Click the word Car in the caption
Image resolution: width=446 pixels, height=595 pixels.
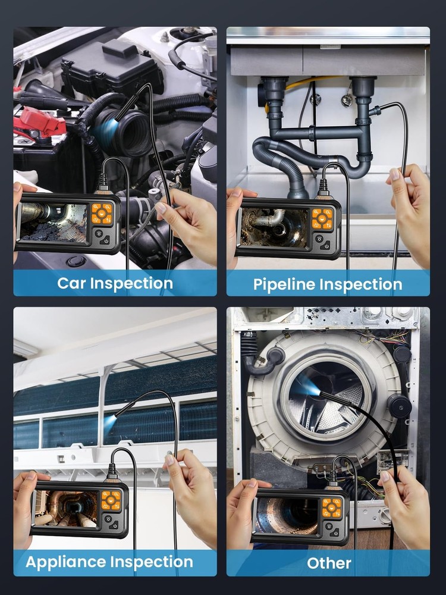pyautogui.click(x=71, y=283)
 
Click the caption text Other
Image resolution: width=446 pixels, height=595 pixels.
pyautogui.click(x=329, y=563)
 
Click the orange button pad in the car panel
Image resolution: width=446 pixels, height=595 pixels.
pyautogui.click(x=102, y=214)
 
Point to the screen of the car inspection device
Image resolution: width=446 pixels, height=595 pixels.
pyautogui.click(x=54, y=223)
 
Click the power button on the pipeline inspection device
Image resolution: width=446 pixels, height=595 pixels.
pyautogui.click(x=326, y=245)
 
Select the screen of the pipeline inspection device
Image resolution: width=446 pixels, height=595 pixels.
pyautogui.click(x=274, y=227)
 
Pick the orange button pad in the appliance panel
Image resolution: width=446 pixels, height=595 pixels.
pyautogui.click(x=111, y=500)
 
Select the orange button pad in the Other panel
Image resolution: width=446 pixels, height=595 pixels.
pyautogui.click(x=332, y=508)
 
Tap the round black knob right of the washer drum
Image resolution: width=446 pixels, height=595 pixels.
pyautogui.click(x=400, y=408)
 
